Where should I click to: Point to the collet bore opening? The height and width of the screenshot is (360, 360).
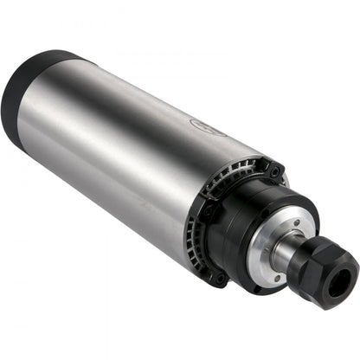pos(345,280)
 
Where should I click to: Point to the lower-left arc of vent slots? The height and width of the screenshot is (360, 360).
pos(195,251)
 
